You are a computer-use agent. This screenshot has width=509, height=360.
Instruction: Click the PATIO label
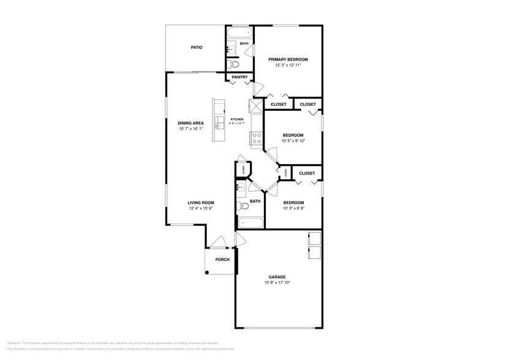coord(196,47)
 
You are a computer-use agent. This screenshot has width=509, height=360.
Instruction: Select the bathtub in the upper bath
coord(239,33)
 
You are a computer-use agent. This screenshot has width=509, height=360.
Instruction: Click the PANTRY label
coord(239,77)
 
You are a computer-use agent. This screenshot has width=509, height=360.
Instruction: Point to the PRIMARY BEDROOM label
coord(288,59)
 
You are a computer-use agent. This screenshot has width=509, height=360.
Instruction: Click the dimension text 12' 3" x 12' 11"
coord(288,66)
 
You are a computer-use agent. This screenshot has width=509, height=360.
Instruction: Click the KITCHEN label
coord(236,119)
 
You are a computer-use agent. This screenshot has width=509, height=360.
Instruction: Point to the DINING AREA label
coord(190,122)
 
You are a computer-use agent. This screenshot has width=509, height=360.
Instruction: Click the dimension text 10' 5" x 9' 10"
coord(293,141)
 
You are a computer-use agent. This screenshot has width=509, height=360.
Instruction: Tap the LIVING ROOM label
coord(200,203)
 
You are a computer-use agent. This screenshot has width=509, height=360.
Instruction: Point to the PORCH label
coord(222,260)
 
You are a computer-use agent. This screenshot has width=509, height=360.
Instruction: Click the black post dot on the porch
coord(208,272)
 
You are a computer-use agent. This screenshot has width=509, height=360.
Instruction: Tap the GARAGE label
coord(277,277)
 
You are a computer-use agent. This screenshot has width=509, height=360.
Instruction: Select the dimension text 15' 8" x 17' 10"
coord(277,283)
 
